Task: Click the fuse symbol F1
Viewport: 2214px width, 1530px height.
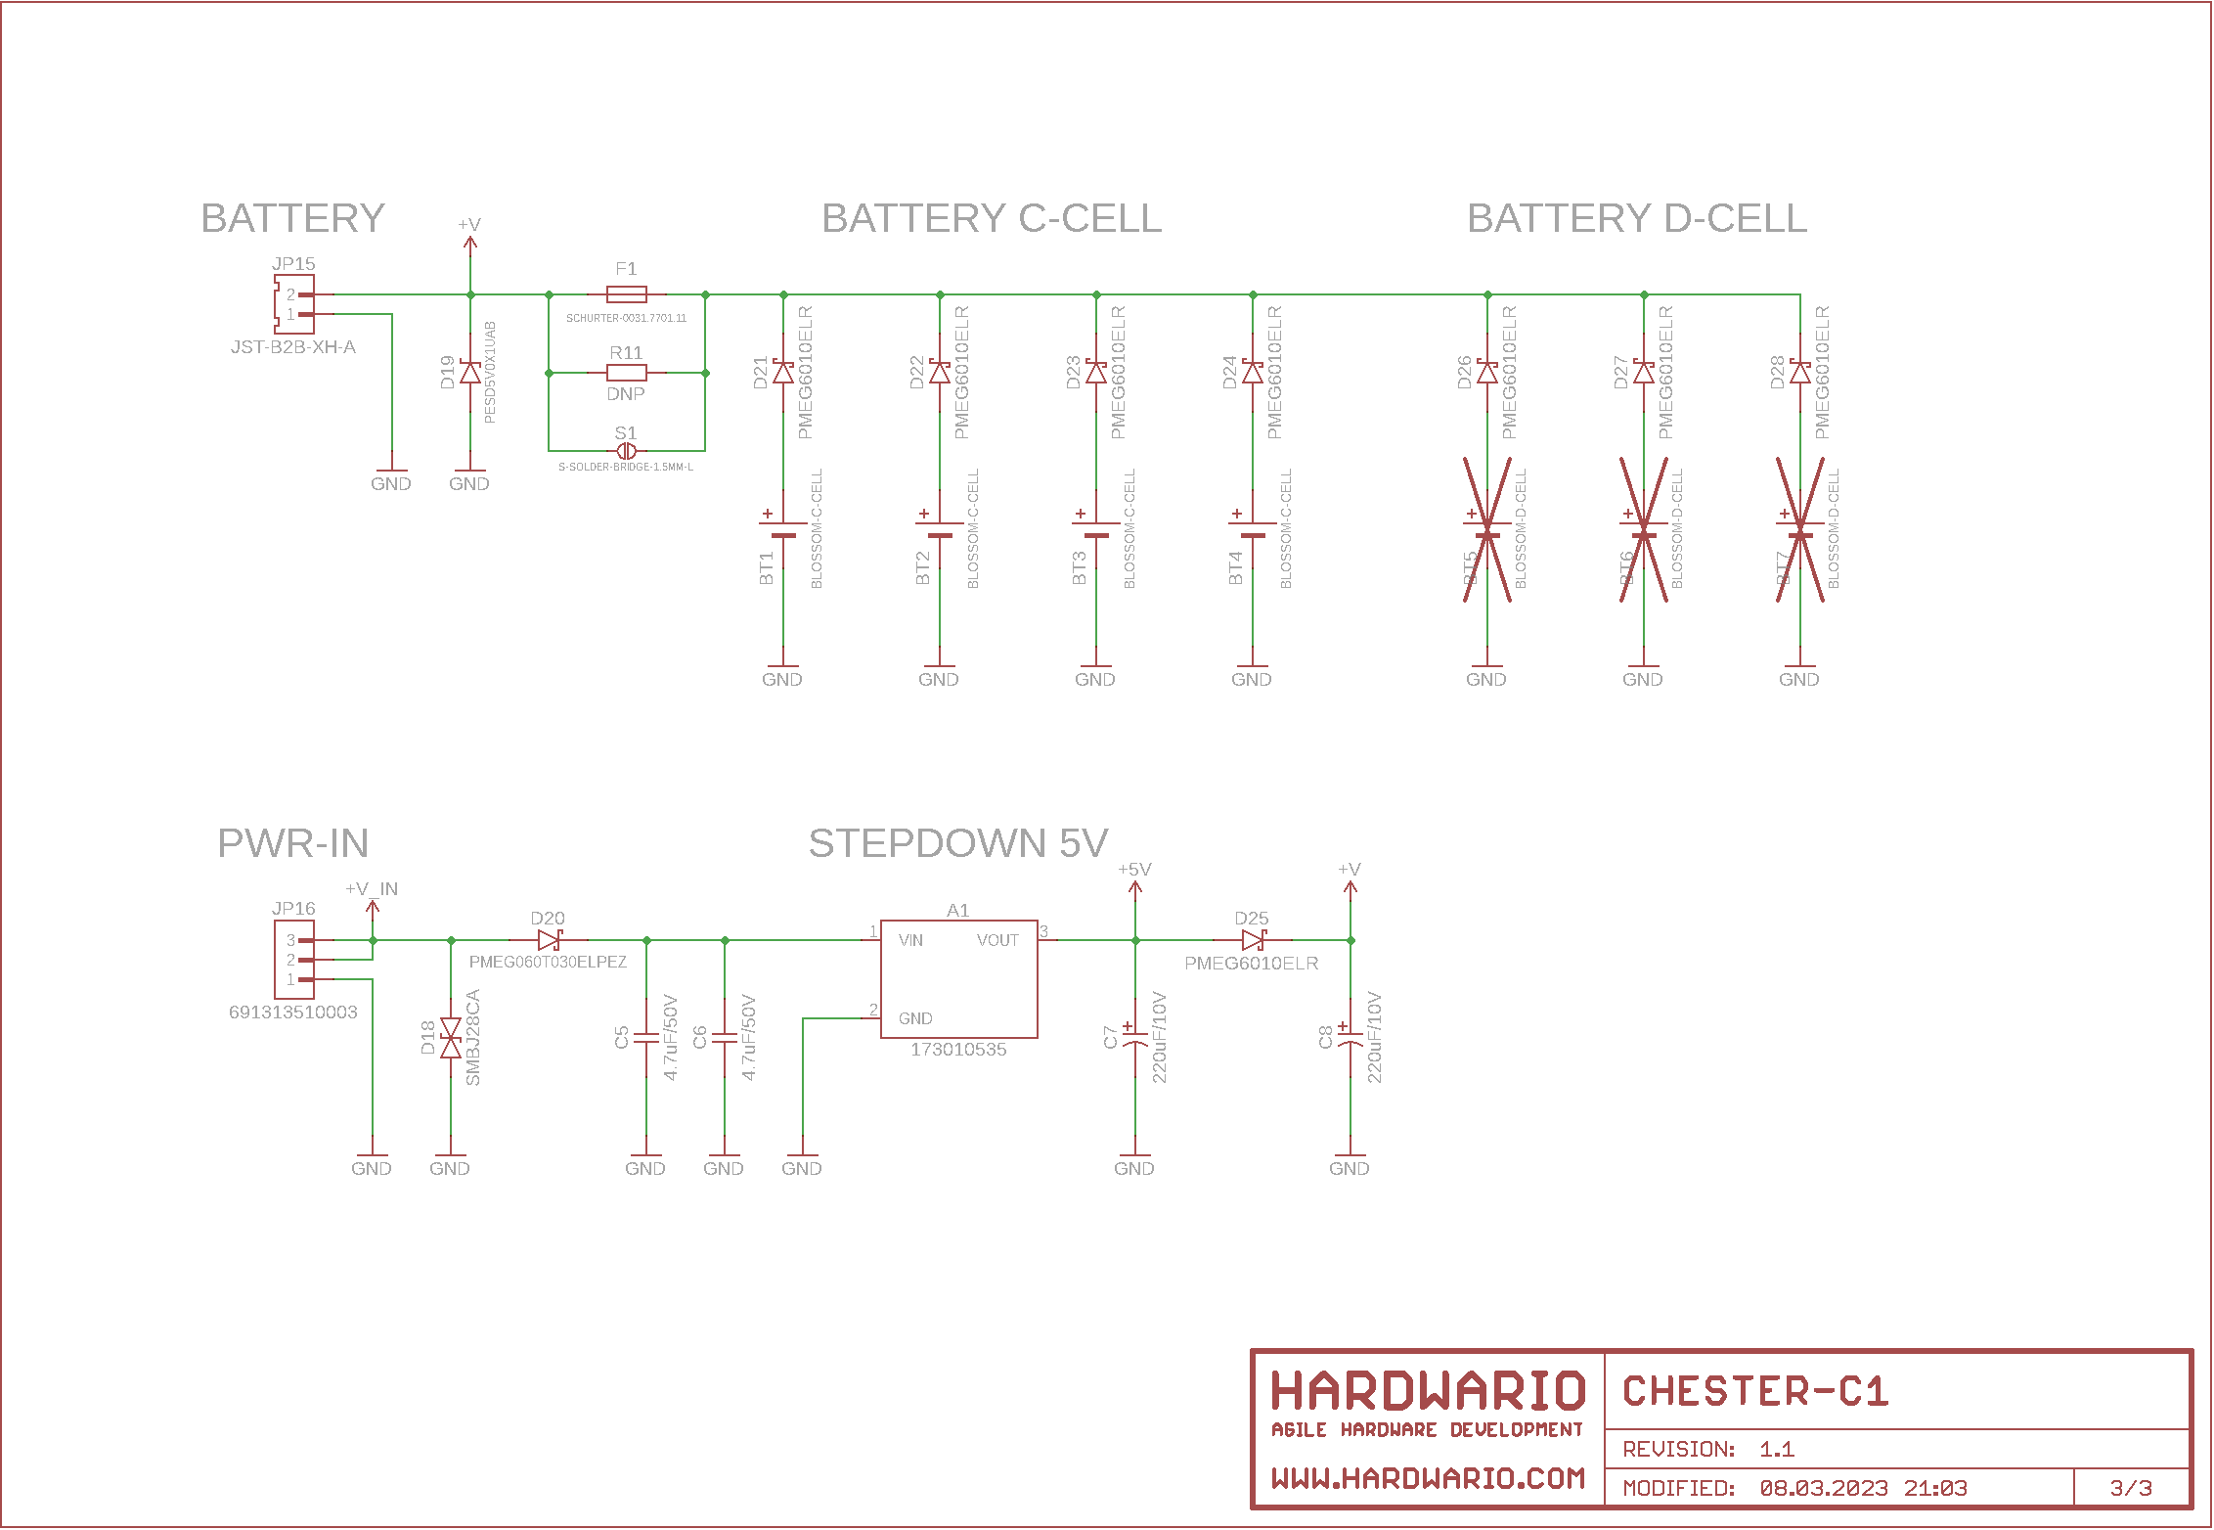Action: (626, 294)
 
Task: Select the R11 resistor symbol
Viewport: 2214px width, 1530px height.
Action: (626, 373)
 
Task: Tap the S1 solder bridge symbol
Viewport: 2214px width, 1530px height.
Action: (626, 451)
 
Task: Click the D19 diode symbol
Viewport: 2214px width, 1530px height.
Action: (470, 373)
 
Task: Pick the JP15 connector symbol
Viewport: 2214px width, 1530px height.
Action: (290, 304)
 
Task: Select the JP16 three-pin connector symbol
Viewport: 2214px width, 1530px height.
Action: (290, 960)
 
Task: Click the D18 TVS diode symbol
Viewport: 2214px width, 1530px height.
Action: (451, 1038)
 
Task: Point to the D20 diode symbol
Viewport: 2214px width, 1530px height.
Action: (549, 940)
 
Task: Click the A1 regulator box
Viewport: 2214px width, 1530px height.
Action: (958, 978)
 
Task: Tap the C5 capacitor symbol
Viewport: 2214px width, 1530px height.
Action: (646, 1038)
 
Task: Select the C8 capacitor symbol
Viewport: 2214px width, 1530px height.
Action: (1351, 1038)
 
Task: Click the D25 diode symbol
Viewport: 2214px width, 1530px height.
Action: (1253, 940)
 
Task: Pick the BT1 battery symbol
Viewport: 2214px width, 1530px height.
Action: (783, 529)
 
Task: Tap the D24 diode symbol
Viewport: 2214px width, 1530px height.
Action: (1253, 373)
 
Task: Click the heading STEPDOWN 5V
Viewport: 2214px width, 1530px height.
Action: (958, 843)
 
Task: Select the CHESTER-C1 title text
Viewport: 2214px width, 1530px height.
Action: (1755, 1391)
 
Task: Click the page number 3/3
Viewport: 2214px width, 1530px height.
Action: (2131, 1488)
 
